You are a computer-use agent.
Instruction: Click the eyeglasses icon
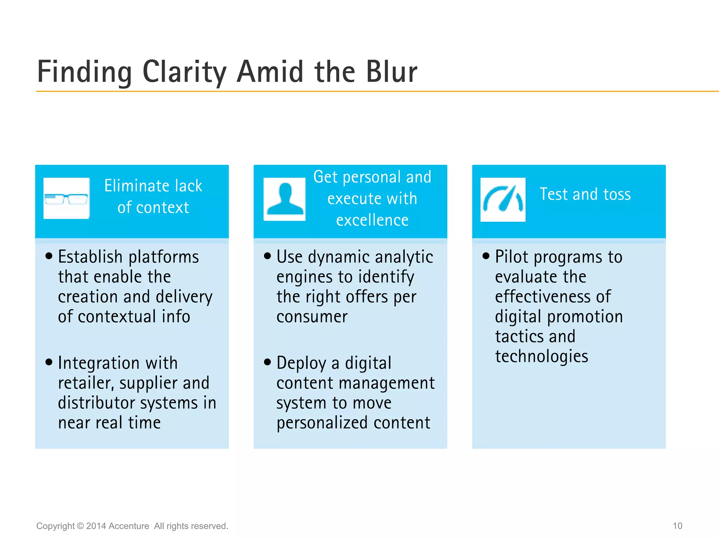coord(66,199)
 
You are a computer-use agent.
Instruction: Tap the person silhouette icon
coord(284,199)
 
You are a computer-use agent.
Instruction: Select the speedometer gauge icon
coord(503,199)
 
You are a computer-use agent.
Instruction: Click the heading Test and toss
coord(585,194)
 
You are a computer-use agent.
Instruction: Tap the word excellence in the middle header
coord(372,220)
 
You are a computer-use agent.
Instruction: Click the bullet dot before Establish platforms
coord(49,256)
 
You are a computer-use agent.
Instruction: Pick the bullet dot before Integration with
coord(49,362)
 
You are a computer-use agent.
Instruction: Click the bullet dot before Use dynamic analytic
coord(268,256)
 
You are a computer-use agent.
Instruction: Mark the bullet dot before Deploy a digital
coord(268,362)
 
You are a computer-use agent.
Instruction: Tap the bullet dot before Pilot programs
coord(486,256)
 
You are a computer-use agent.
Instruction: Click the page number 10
coord(677,526)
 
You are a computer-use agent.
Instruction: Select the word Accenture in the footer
coord(129,526)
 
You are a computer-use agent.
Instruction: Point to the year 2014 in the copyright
coord(96,526)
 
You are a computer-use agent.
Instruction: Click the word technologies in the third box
coord(541,357)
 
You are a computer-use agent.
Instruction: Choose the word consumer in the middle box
coord(312,317)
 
